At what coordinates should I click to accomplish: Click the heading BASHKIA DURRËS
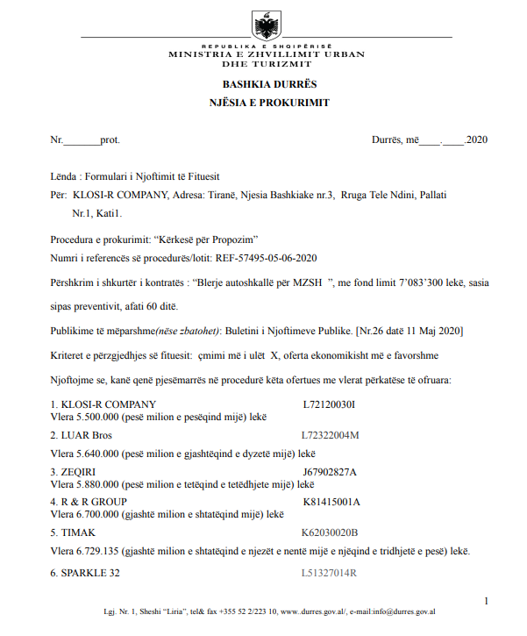tap(263, 84)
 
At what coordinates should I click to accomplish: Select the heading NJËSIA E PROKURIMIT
tap(263, 103)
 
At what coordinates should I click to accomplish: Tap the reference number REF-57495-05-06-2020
tap(269, 258)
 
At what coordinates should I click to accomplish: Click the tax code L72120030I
tap(329, 404)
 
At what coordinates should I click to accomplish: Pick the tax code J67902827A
tap(330, 472)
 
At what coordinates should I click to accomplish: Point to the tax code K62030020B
tap(330, 532)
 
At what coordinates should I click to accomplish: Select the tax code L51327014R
tap(330, 573)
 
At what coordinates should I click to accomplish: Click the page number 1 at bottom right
tap(486, 601)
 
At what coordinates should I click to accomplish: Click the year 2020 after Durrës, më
tap(477, 139)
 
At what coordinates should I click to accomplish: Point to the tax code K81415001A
tap(331, 502)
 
